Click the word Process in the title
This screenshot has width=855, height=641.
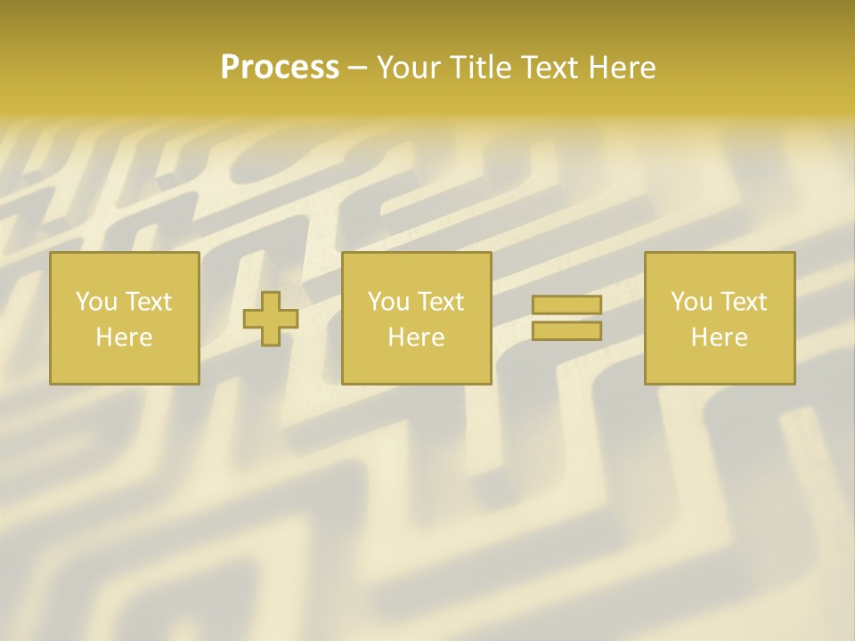pyautogui.click(x=280, y=68)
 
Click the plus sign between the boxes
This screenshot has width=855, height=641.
pyautogui.click(x=271, y=318)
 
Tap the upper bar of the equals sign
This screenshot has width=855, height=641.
pyautogui.click(x=566, y=304)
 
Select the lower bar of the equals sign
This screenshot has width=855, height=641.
pyautogui.click(x=566, y=331)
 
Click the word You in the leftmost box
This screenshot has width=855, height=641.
pyautogui.click(x=96, y=302)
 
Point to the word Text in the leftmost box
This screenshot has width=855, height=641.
pyautogui.click(x=149, y=302)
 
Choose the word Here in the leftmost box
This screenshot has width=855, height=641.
pyautogui.click(x=124, y=337)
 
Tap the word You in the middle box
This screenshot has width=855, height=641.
pyautogui.click(x=388, y=302)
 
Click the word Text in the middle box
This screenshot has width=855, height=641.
pyautogui.click(x=441, y=302)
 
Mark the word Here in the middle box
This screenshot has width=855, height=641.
pyautogui.click(x=416, y=337)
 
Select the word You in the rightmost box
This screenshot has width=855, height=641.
pyautogui.click(x=691, y=302)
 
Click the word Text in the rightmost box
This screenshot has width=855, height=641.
pyautogui.click(x=744, y=302)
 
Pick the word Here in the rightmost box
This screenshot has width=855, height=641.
pyautogui.click(x=719, y=337)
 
